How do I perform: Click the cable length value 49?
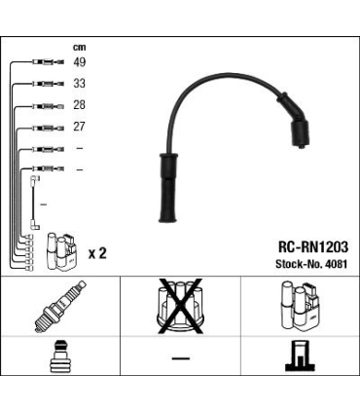[79, 61]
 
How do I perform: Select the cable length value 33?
[79, 84]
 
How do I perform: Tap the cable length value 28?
[79, 105]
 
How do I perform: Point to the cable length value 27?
[79, 127]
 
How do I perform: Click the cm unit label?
[79, 48]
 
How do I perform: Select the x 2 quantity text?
[97, 253]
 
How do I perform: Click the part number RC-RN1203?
[313, 247]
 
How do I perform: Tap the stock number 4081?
[336, 264]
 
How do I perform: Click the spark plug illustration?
[60, 306]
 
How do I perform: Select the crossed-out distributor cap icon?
[180, 306]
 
